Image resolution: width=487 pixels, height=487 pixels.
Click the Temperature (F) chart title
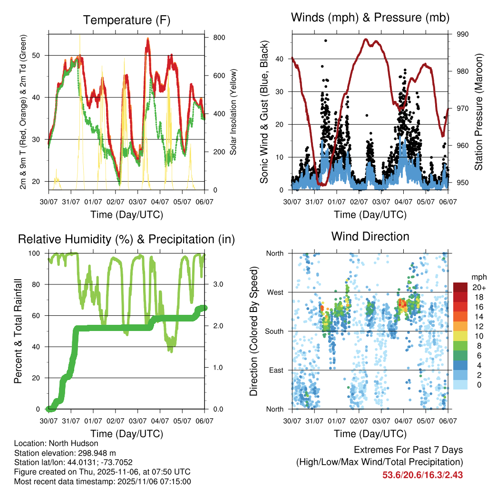pyautogui.click(x=126, y=20)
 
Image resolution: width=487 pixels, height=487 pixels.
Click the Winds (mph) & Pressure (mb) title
pyautogui.click(x=370, y=18)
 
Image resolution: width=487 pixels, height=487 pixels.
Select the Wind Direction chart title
pyautogui.click(x=370, y=236)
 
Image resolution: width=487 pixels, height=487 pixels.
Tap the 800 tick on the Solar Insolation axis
pyautogui.click(x=219, y=37)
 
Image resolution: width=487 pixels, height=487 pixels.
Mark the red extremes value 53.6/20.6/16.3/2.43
pyautogui.click(x=423, y=475)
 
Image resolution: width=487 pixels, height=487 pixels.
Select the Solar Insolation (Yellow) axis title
pyautogui.click(x=234, y=112)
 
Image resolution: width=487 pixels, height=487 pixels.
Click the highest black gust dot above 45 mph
pyautogui.click(x=325, y=40)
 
